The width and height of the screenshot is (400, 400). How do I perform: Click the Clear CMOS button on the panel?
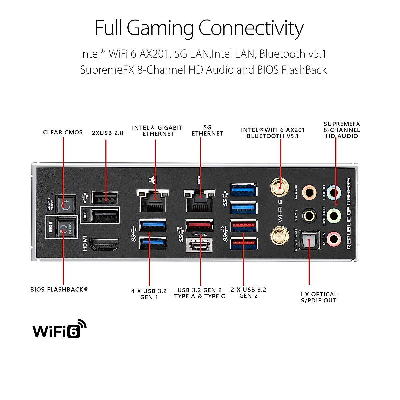65,204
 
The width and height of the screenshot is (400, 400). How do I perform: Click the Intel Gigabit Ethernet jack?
153,201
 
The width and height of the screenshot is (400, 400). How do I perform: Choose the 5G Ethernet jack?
199,201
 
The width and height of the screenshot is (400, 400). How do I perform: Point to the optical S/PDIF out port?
309,240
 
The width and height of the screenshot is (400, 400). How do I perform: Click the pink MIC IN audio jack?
333,239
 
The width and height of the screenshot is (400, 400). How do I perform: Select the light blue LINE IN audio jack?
334,192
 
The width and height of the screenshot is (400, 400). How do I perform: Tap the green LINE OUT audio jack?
334,216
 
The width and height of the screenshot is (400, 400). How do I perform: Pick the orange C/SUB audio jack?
309,192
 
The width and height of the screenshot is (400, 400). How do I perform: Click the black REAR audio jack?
309,216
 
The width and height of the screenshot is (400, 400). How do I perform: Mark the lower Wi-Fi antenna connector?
279,236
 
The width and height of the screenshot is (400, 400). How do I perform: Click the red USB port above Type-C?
199,225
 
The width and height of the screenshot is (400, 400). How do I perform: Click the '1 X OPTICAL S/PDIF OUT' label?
319,297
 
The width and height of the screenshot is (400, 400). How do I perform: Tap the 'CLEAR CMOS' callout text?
63,132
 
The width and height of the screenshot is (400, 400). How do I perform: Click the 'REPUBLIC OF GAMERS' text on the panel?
349,213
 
